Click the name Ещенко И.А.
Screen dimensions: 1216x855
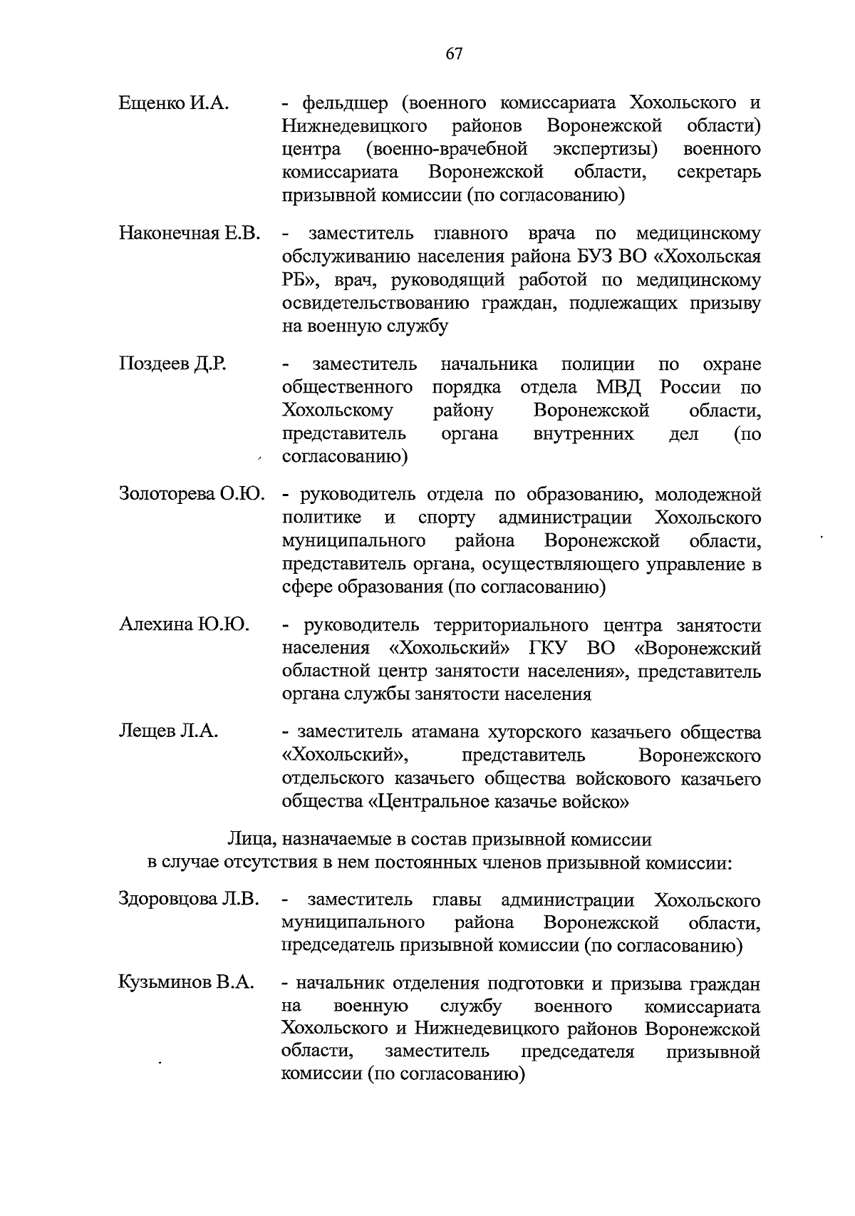tap(173, 103)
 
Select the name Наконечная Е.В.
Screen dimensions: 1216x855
tap(190, 234)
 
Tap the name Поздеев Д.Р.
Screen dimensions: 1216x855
tap(172, 364)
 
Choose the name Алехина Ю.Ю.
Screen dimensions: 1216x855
tap(184, 625)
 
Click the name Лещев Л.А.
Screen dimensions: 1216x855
tap(168, 732)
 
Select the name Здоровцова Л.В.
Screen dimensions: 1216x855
tap(189, 900)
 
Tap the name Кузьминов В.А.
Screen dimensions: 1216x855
tap(186, 984)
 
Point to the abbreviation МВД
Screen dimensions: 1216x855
tap(618, 388)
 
